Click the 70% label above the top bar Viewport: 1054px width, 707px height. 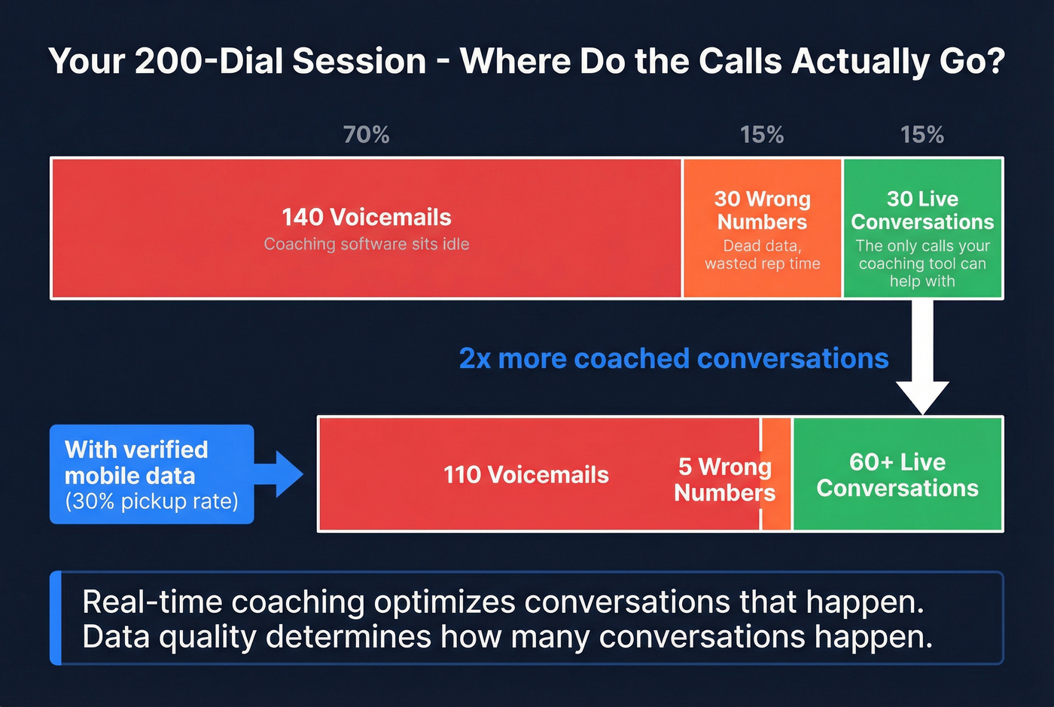point(366,135)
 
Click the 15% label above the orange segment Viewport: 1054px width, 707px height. point(761,135)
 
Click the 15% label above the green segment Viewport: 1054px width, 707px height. point(921,135)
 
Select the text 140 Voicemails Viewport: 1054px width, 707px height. point(366,218)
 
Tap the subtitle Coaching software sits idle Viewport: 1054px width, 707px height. point(366,244)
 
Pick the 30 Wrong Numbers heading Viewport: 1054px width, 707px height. point(762,210)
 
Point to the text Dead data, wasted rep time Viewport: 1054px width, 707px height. point(762,254)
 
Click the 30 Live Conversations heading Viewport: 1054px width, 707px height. point(922,210)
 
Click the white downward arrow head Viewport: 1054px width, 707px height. point(922,396)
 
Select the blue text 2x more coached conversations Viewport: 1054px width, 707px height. point(674,358)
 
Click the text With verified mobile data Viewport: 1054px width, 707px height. point(136,462)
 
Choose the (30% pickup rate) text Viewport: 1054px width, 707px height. point(151,501)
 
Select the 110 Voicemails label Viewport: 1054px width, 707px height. point(525,475)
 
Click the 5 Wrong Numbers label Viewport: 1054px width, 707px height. point(724,479)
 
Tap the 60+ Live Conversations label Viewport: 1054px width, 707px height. point(897,475)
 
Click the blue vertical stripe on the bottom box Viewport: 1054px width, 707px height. point(56,618)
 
